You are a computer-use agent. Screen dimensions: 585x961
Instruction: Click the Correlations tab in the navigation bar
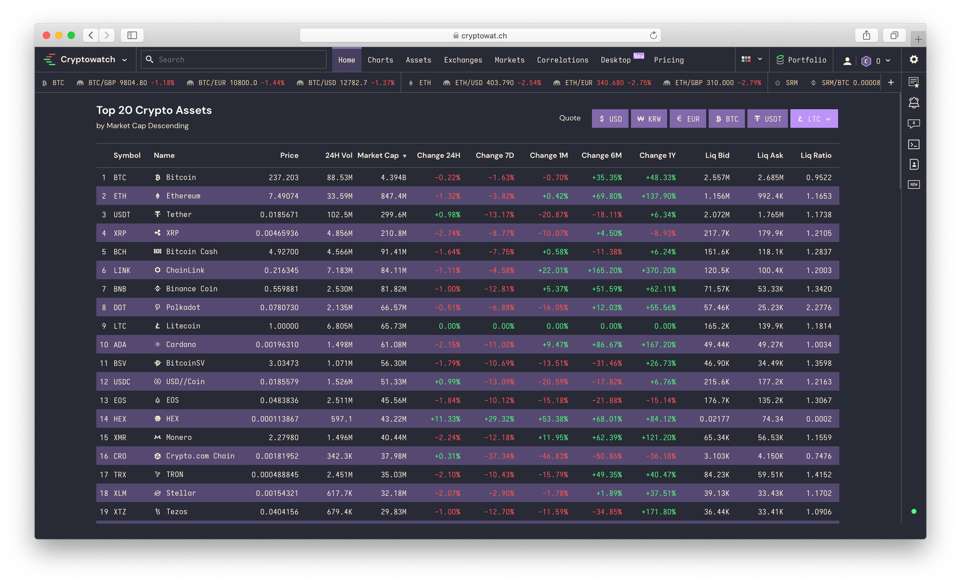[563, 60]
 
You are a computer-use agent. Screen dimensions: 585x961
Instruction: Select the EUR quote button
[688, 119]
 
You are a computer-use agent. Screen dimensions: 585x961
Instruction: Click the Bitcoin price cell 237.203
[283, 178]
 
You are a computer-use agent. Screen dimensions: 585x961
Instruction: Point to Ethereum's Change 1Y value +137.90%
[658, 196]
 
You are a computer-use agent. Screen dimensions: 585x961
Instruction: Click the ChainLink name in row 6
[185, 270]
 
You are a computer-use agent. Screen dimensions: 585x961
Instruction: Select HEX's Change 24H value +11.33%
[445, 419]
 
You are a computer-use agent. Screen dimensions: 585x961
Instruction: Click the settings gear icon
[913, 60]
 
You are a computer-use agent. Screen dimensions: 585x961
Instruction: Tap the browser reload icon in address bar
[653, 36]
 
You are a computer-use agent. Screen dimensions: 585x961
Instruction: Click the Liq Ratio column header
[815, 156]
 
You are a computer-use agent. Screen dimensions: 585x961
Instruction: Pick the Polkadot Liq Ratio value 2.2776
[818, 308]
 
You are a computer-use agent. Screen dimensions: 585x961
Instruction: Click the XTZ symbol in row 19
[120, 512]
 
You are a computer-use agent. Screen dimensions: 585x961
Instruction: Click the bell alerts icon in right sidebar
[913, 103]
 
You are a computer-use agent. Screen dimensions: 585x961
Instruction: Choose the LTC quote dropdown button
[813, 119]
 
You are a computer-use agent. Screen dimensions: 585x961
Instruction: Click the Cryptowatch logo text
[88, 60]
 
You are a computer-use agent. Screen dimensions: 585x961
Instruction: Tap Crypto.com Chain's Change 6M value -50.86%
[607, 456]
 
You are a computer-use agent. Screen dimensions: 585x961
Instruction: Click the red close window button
[47, 36]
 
